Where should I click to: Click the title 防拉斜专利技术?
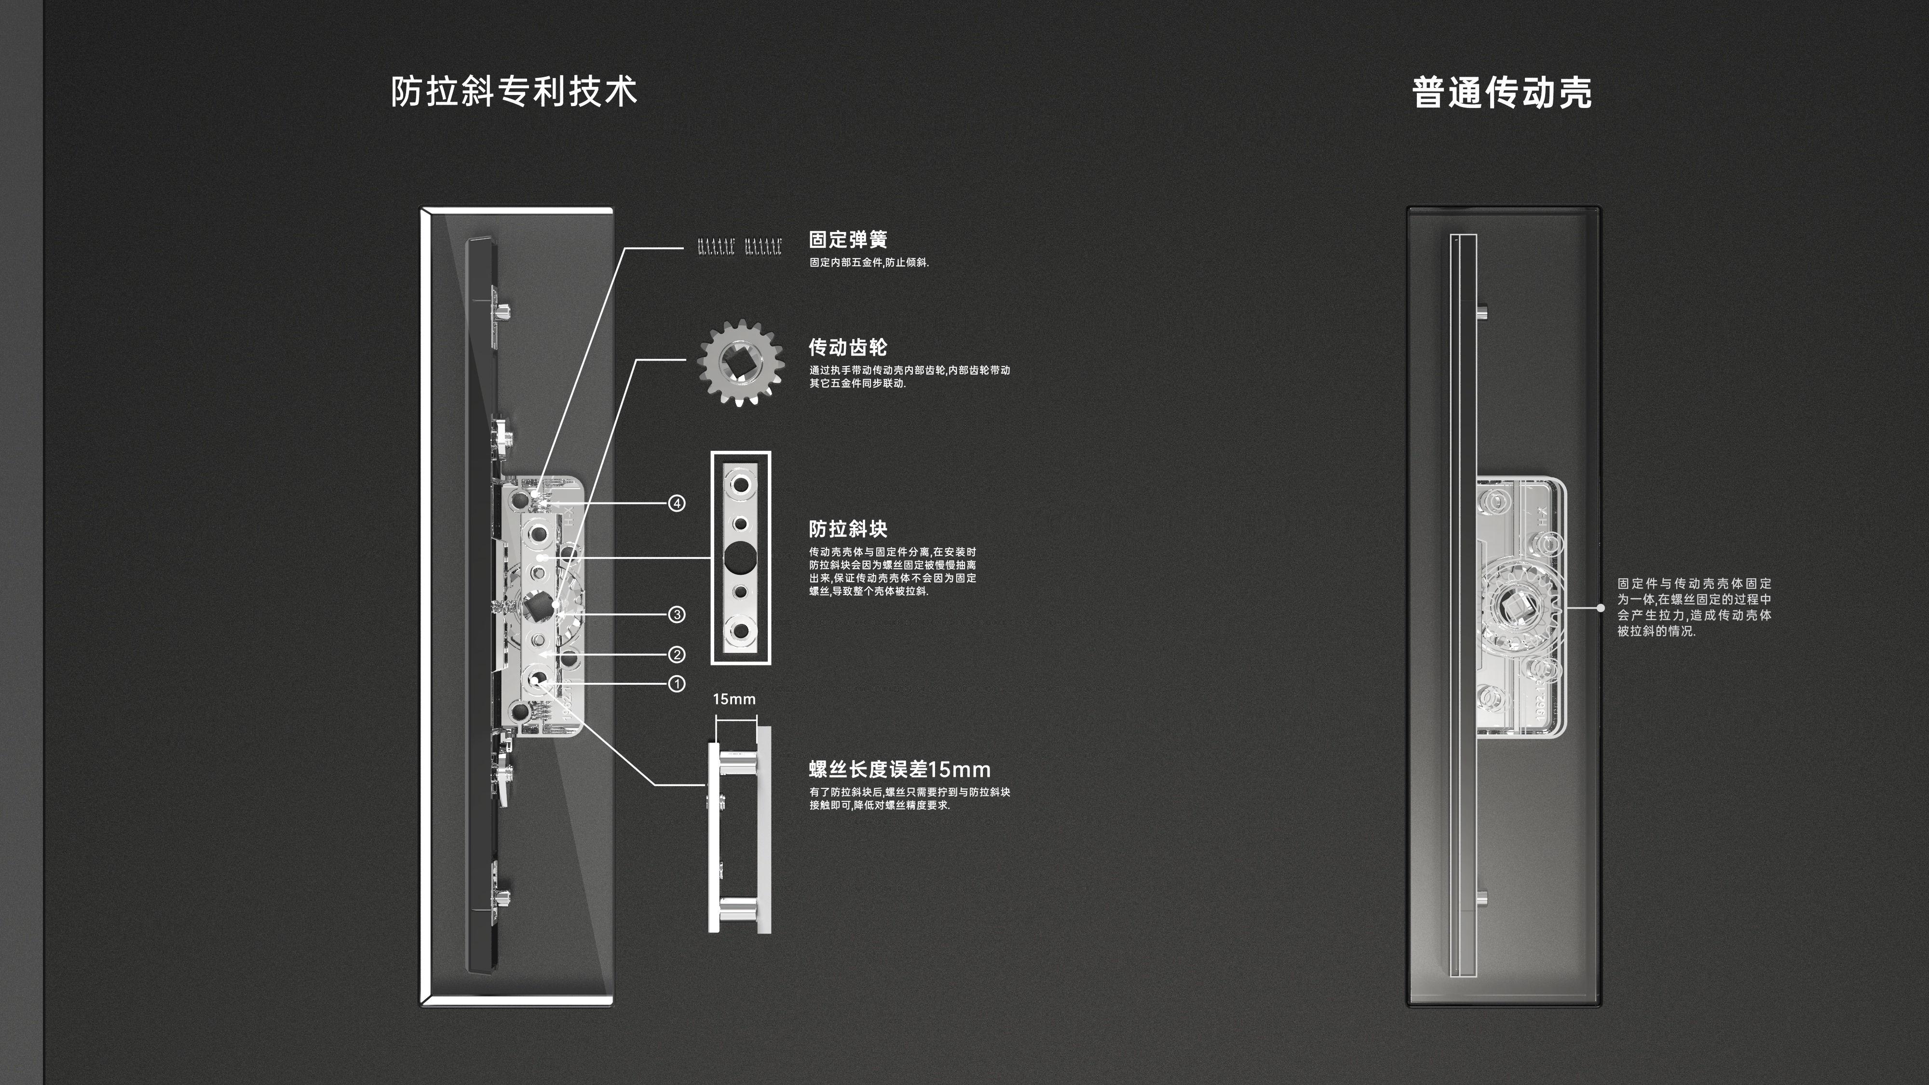514,91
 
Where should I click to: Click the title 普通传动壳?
1501,93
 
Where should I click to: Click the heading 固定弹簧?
848,240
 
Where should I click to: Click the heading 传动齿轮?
848,347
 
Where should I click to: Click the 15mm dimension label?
734,699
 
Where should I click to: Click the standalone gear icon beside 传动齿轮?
741,363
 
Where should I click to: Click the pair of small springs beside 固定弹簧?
740,246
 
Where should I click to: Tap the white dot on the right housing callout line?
1600,608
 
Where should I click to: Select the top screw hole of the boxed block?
741,485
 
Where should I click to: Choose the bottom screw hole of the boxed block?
741,630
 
